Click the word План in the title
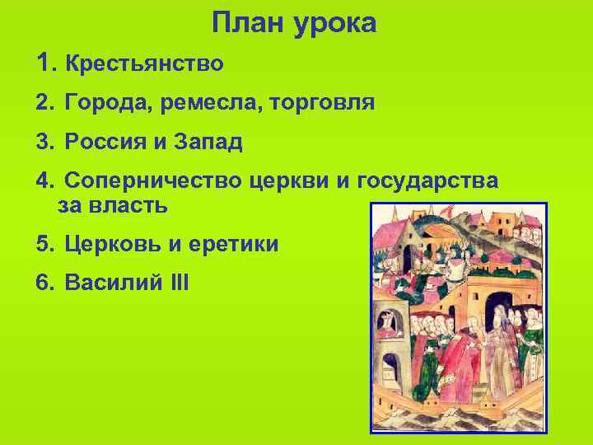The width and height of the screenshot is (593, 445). [245, 23]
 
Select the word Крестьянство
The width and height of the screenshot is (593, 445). [144, 63]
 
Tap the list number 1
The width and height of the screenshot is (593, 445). [44, 62]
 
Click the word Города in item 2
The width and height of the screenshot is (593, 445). [105, 103]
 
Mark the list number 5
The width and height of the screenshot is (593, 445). [43, 245]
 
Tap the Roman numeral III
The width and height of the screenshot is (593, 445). [178, 283]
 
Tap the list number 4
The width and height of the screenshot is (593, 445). [43, 181]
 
